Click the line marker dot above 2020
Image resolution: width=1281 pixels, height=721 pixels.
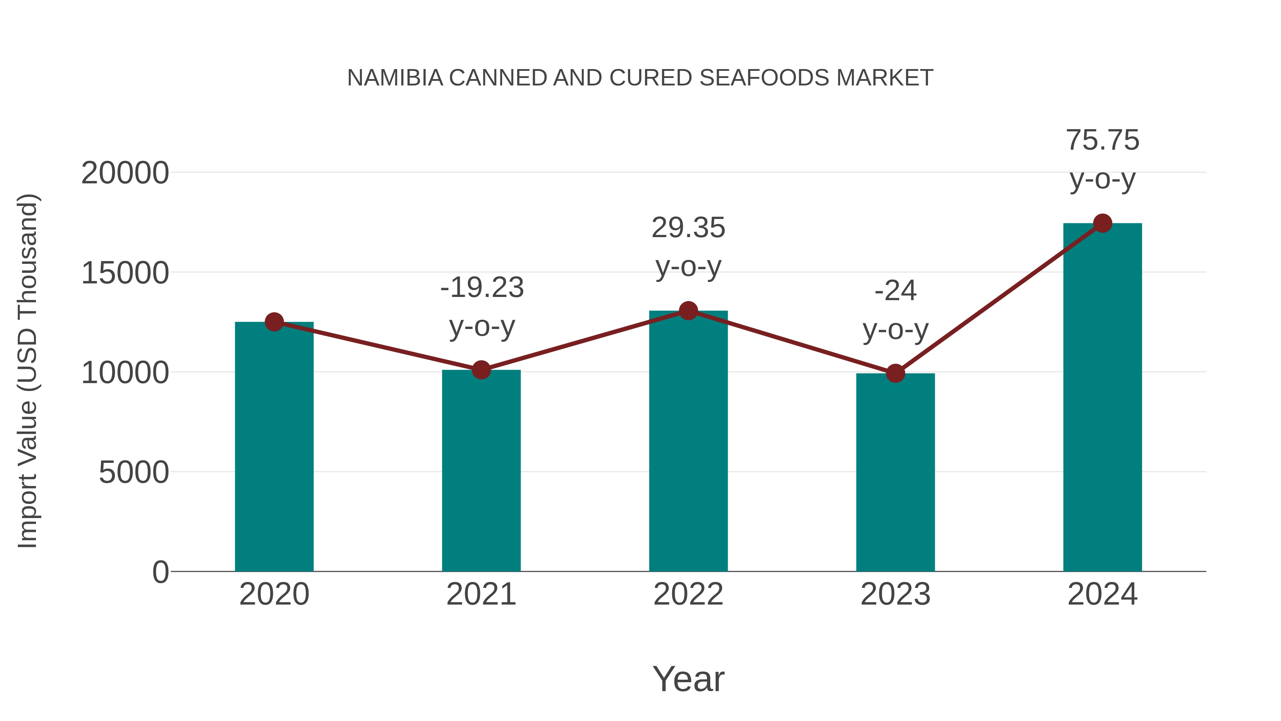(274, 322)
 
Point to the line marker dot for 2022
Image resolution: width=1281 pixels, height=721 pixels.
(688, 311)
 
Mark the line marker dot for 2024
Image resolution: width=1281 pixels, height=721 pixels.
(1102, 223)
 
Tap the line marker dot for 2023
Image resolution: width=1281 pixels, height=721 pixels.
(895, 373)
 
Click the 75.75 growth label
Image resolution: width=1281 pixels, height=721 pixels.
(1102, 140)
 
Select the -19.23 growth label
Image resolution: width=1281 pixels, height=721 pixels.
(482, 288)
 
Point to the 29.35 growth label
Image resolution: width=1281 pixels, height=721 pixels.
(688, 228)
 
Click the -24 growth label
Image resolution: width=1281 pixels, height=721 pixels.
(895, 291)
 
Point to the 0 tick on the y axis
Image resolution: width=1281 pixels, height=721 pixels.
(160, 572)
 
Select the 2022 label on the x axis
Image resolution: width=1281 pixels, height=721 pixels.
(688, 594)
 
